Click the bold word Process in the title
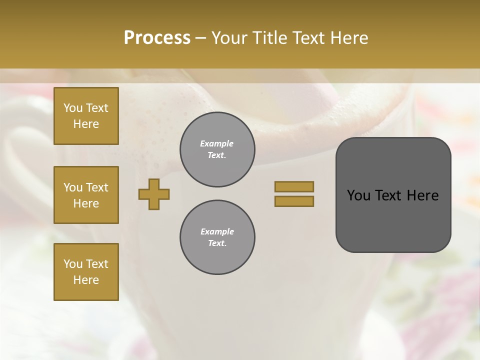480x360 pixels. point(157,38)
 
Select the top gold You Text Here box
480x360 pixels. point(86,116)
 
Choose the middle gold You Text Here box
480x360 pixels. point(86,195)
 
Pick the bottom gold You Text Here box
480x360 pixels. point(86,272)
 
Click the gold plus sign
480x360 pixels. point(154,194)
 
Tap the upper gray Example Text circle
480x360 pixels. point(217,149)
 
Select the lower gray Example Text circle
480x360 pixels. point(217,237)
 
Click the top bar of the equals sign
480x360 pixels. point(294,186)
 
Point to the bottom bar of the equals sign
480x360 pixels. point(294,201)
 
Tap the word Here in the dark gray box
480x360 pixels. point(422,195)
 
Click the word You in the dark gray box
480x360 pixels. point(359,195)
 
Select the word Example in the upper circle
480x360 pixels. point(217,144)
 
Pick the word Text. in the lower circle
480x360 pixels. point(217,243)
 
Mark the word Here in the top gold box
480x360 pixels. point(86,124)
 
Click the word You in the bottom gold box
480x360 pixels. point(73,264)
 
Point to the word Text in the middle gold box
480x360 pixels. point(97,187)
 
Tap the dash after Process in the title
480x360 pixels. point(200,38)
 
